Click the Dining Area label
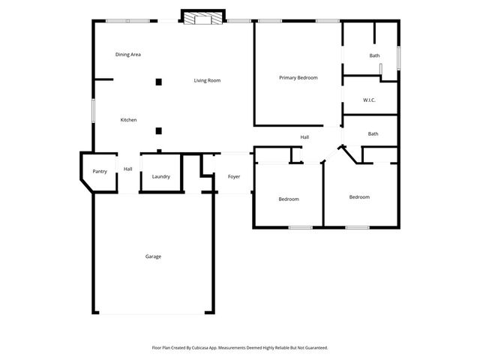pyautogui.click(x=128, y=55)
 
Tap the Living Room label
pyautogui.click(x=207, y=80)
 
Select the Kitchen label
pyautogui.click(x=128, y=120)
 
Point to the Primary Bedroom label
pyautogui.click(x=298, y=78)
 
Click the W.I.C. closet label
pyautogui.click(x=369, y=100)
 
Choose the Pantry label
pyautogui.click(x=100, y=172)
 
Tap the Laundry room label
pyautogui.click(x=160, y=177)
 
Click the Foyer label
pyautogui.click(x=234, y=177)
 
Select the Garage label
pyautogui.click(x=153, y=256)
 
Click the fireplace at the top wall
pyautogui.click(x=203, y=19)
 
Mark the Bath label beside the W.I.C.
pyautogui.click(x=374, y=56)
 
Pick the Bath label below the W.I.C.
pyautogui.click(x=373, y=134)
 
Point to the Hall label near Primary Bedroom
pyautogui.click(x=304, y=137)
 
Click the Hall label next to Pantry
pyautogui.click(x=128, y=169)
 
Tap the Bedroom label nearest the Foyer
pyautogui.click(x=289, y=199)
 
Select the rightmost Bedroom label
pyautogui.click(x=359, y=197)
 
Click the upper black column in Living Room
pyautogui.click(x=158, y=82)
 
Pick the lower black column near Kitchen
pyautogui.click(x=158, y=130)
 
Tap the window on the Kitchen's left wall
pyautogui.click(x=94, y=111)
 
